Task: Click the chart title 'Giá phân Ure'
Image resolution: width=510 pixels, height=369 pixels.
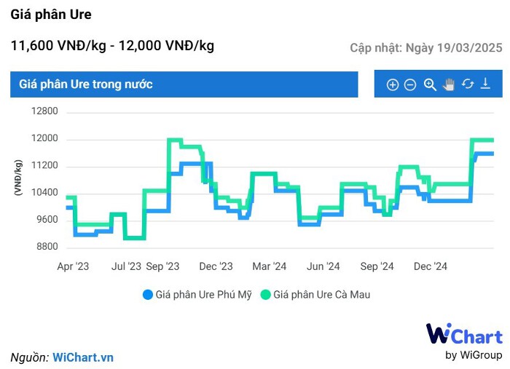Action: tap(51, 15)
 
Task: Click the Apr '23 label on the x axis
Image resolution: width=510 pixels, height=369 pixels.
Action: tap(73, 267)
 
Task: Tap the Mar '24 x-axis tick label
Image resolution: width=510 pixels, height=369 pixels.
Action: tap(270, 267)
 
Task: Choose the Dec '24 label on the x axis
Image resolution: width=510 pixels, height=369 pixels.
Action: tap(430, 267)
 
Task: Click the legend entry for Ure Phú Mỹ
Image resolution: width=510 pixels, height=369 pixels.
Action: tap(197, 295)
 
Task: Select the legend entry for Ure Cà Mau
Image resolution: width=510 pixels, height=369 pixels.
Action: tap(316, 295)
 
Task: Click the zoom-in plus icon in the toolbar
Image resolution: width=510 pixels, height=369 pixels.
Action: tap(392, 85)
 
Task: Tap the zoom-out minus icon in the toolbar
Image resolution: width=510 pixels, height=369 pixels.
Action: tap(410, 85)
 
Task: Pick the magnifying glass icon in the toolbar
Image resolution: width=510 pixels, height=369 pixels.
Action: tap(430, 84)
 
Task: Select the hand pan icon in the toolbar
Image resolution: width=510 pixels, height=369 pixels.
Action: tap(449, 84)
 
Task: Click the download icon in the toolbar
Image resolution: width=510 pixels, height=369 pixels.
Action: tap(486, 84)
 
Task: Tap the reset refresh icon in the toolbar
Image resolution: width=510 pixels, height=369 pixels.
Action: tap(468, 84)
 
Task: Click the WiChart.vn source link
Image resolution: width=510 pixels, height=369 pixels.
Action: tap(83, 357)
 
